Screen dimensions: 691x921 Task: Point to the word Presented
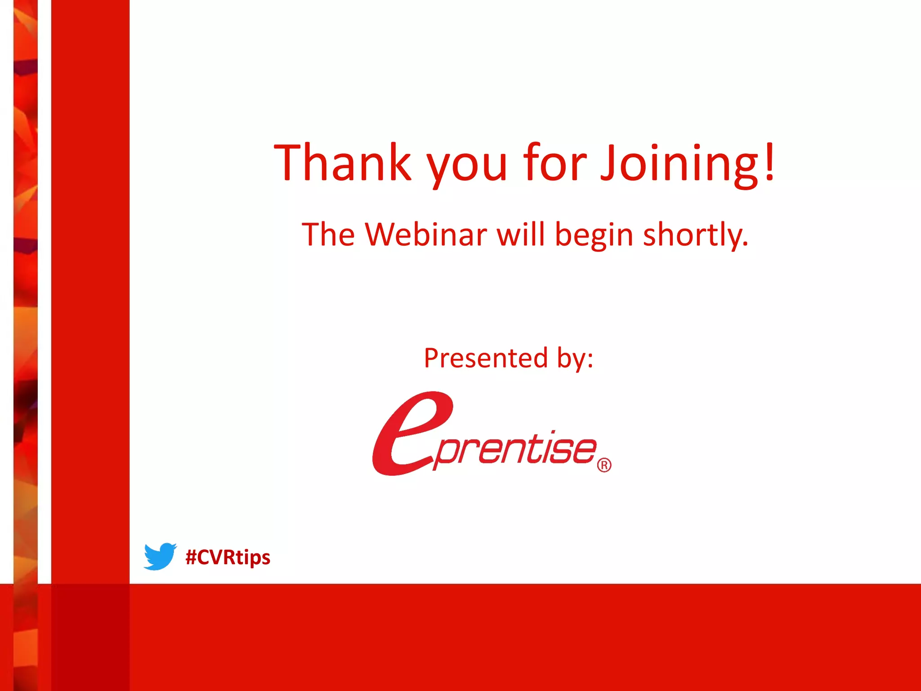tap(486, 359)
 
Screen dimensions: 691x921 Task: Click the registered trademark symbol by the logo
tap(604, 465)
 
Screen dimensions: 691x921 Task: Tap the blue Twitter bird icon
tap(160, 556)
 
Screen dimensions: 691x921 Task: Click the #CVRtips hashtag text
tap(228, 557)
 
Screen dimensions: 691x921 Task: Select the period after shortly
tap(745, 245)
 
